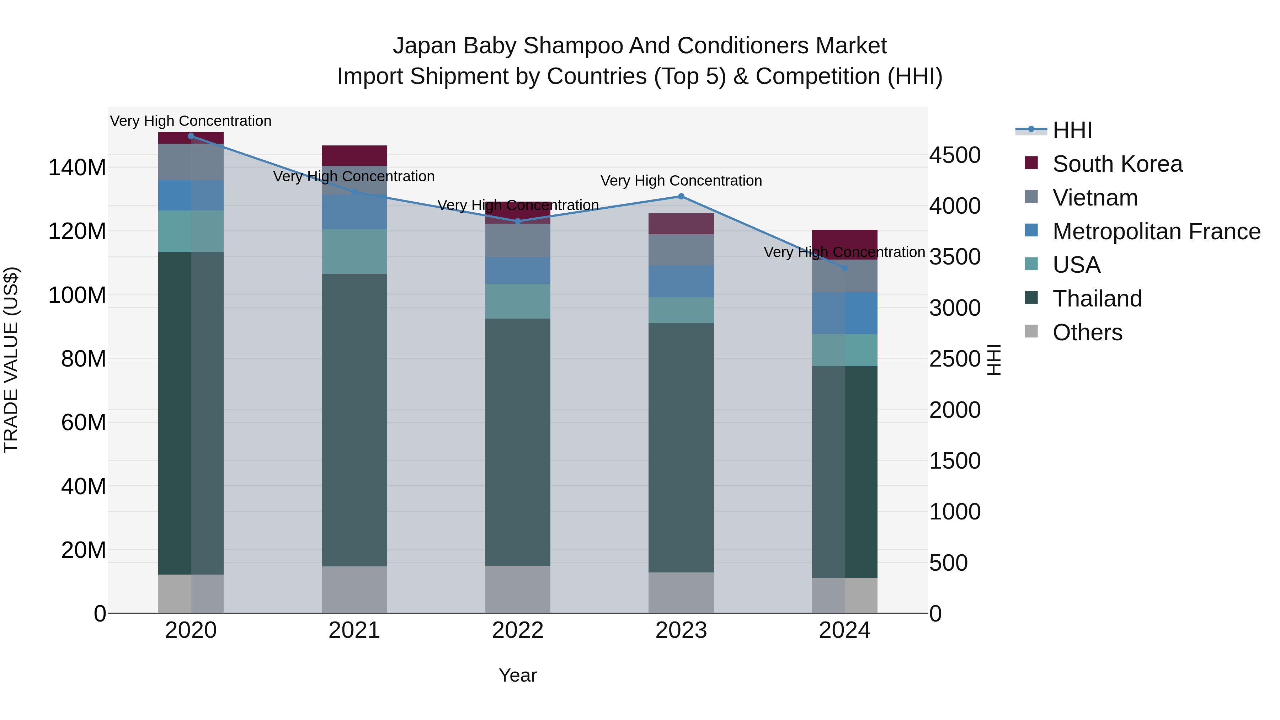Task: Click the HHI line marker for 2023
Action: coord(681,196)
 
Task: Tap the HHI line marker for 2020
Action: coord(191,136)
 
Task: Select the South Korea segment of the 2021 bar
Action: coord(354,155)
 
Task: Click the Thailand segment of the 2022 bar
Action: coord(518,442)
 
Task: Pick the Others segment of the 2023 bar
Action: coord(681,592)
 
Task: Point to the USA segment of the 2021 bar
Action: coord(354,251)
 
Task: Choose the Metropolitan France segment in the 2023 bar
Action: coord(681,281)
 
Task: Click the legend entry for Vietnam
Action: coord(1095,198)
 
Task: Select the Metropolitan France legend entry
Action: coord(1156,231)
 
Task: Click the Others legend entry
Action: coord(1087,332)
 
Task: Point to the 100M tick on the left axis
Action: coord(77,295)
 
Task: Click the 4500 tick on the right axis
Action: coord(955,155)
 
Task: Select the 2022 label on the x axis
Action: coord(518,630)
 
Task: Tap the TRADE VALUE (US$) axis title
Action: coord(11,360)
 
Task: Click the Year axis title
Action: coord(518,675)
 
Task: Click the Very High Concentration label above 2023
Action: coord(681,181)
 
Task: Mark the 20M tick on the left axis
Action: coord(84,550)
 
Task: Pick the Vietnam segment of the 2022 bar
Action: coord(518,240)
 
